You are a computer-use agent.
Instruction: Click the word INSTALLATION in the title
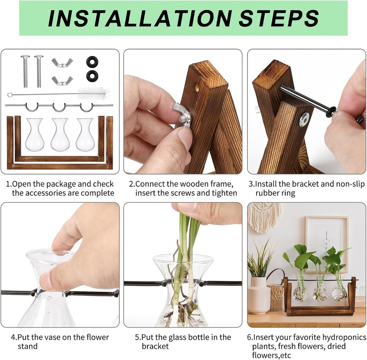click(x=140, y=18)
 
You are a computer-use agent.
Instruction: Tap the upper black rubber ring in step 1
click(x=92, y=62)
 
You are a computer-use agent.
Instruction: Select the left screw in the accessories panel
click(x=25, y=71)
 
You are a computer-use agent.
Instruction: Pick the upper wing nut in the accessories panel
click(x=62, y=63)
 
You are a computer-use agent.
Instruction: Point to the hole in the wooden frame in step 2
click(x=196, y=87)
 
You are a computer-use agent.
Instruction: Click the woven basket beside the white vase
click(x=276, y=297)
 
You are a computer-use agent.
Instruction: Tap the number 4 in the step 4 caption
click(x=13, y=337)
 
